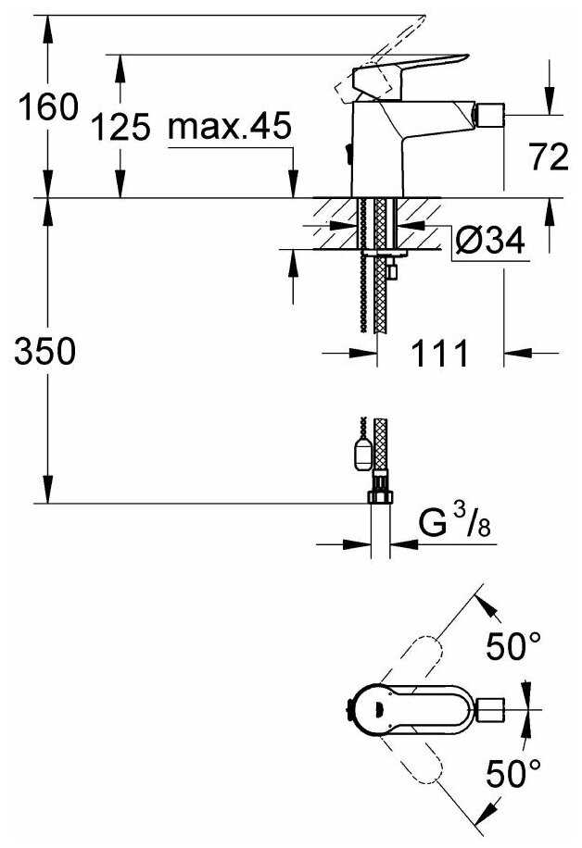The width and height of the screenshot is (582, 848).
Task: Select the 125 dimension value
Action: click(x=121, y=127)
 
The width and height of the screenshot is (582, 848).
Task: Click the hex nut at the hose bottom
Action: click(x=379, y=497)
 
